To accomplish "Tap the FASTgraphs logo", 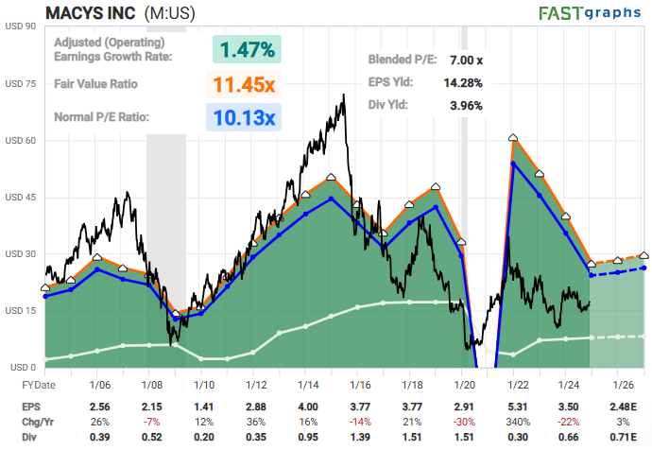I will [x=590, y=13].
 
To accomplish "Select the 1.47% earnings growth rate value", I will [x=248, y=49].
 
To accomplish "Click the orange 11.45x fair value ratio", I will [x=244, y=84].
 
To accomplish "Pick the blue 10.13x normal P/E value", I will [x=244, y=118].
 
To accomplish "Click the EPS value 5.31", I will [x=515, y=406].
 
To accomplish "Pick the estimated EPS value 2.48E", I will [x=622, y=406].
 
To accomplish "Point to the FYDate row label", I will [x=40, y=385].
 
